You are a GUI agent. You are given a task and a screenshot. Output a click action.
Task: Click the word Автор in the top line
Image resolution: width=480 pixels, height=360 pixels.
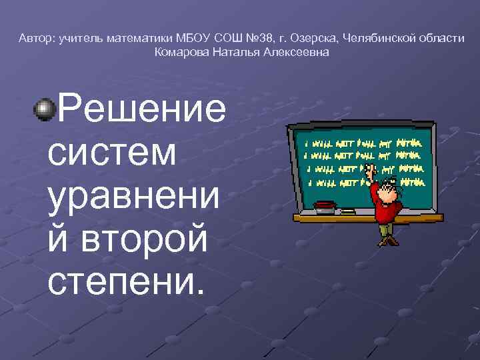35,39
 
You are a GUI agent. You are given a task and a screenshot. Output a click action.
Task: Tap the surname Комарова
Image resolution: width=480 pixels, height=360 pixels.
182,51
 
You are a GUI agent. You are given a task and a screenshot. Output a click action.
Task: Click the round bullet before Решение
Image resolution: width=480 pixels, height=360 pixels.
43,109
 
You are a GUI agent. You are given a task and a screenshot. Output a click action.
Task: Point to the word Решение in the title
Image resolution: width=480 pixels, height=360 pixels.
141,109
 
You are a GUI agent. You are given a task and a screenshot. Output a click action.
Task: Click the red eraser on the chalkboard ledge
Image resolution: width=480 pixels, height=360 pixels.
325,204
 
